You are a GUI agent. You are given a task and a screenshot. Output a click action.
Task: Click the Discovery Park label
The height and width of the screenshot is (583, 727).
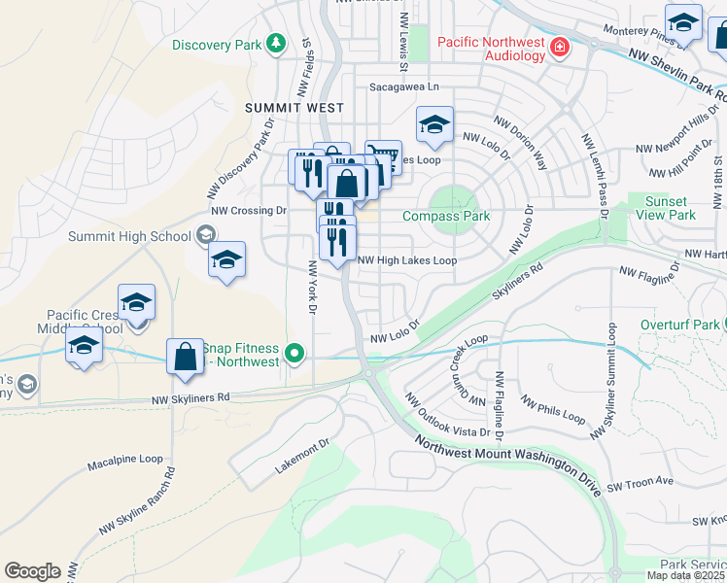[217, 45]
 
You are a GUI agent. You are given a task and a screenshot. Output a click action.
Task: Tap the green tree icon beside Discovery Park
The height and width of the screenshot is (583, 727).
[277, 44]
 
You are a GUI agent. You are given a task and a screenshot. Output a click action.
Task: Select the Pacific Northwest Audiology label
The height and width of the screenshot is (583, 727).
[491, 49]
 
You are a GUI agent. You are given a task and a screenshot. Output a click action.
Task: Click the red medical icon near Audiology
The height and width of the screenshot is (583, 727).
[559, 47]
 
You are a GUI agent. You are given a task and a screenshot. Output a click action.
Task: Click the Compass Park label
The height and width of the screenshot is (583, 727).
[446, 216]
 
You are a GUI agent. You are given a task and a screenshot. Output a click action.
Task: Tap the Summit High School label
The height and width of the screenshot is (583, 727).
[129, 236]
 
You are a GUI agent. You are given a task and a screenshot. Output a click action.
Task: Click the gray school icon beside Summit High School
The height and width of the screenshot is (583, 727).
[205, 234]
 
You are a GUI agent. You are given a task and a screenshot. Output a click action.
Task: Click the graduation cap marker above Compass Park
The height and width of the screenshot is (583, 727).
[434, 123]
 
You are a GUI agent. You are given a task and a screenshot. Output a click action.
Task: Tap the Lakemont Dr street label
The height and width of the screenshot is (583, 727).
[302, 454]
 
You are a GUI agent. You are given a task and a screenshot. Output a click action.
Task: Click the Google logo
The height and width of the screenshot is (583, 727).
[32, 571]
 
